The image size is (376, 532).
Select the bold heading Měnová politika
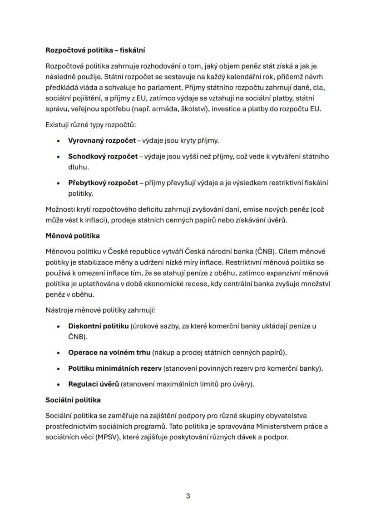pyautogui.click(x=73, y=236)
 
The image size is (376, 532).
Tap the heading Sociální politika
pyautogui.click(x=73, y=400)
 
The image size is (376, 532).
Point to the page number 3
pyautogui.click(x=188, y=496)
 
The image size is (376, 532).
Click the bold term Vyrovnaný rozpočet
pyautogui.click(x=102, y=140)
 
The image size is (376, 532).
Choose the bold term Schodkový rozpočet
pyautogui.click(x=103, y=156)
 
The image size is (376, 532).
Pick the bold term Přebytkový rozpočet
pyautogui.click(x=103, y=183)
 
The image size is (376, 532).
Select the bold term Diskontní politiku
pyautogui.click(x=98, y=326)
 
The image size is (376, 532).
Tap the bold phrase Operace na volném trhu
pyautogui.click(x=109, y=352)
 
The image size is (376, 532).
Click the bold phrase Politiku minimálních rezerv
pyautogui.click(x=115, y=368)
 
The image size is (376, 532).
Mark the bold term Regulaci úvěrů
pyautogui.click(x=93, y=384)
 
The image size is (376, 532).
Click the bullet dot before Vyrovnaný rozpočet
pyautogui.click(x=59, y=141)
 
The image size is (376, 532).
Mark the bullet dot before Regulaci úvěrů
pyautogui.click(x=59, y=384)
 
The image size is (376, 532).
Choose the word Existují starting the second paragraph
pyautogui.click(x=59, y=124)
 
